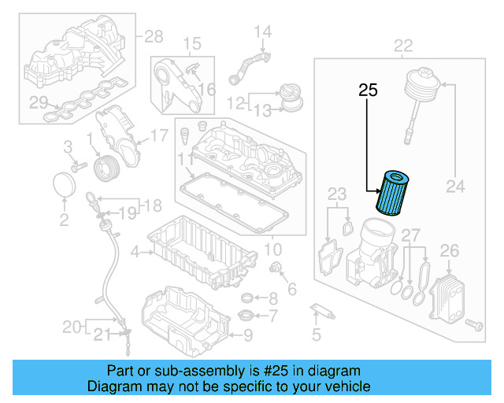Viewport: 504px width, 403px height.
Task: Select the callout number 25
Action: (368, 91)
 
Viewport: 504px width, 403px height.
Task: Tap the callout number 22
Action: (402, 45)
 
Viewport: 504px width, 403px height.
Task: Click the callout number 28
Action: (153, 35)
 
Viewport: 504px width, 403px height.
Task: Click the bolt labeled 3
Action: (77, 167)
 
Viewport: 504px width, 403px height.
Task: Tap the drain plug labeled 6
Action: (276, 271)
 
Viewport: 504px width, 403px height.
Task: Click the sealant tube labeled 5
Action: (323, 309)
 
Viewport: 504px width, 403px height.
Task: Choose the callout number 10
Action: (272, 250)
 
